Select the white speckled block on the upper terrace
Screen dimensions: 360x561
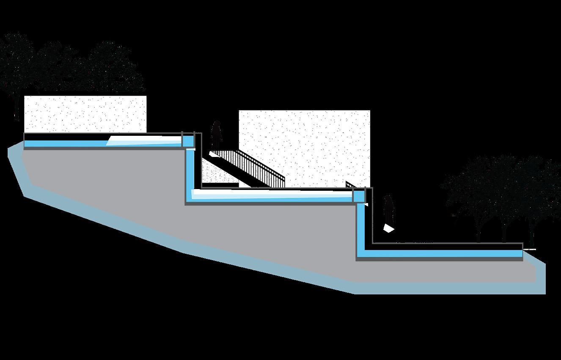click(x=85, y=114)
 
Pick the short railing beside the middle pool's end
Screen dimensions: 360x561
click(x=350, y=184)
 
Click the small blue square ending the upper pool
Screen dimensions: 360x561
click(x=188, y=141)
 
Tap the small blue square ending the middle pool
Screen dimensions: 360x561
click(x=359, y=196)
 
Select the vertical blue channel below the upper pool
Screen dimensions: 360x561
click(x=190, y=169)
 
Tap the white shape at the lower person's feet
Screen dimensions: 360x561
click(x=388, y=228)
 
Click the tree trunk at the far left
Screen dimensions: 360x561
click(x=16, y=106)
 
